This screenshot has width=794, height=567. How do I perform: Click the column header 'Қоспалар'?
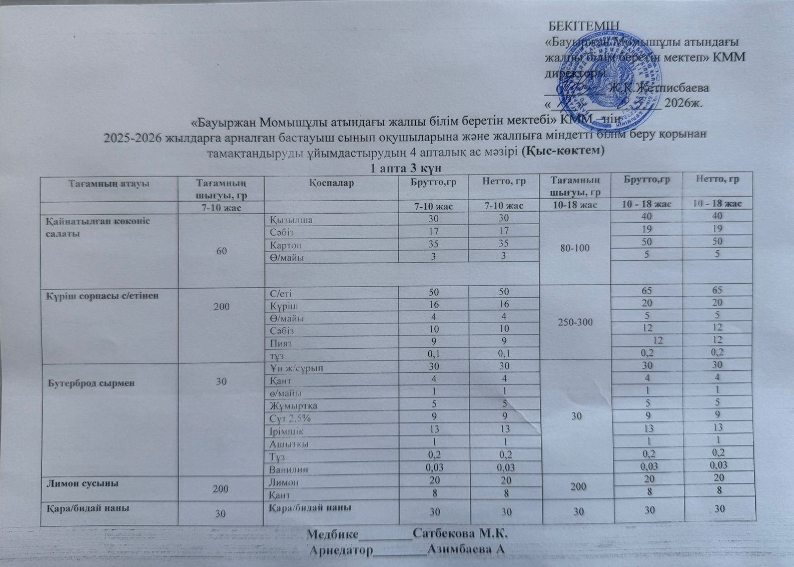coord(331,183)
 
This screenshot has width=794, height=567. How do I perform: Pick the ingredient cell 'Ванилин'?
coord(288,469)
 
